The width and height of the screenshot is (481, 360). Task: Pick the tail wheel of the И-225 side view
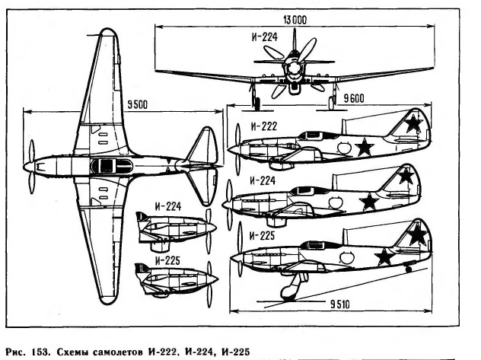411,269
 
